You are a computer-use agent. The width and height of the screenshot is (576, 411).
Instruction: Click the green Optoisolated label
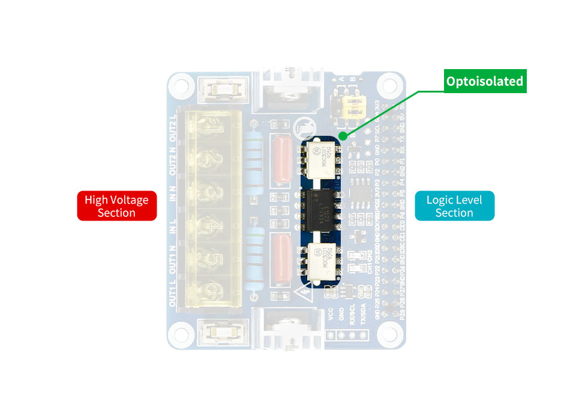(x=485, y=81)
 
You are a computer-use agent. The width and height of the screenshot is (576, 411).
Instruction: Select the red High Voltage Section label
(x=116, y=206)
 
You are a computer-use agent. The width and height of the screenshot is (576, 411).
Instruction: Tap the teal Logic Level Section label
(x=454, y=206)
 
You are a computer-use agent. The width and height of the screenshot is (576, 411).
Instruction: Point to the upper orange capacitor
(x=281, y=157)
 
